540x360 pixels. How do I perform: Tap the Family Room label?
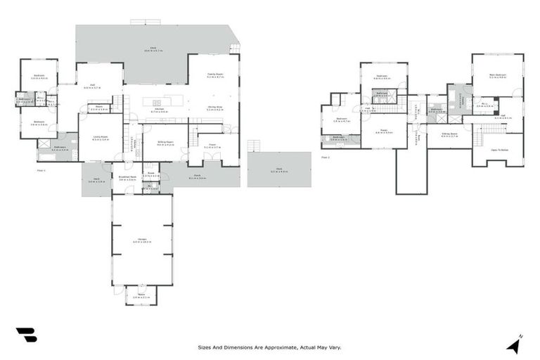[x=215, y=75]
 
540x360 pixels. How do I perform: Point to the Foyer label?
[x=212, y=146]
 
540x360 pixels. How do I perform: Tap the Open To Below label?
[x=499, y=149]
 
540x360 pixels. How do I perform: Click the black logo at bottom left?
[x=26, y=335]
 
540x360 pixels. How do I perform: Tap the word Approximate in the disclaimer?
[x=278, y=347]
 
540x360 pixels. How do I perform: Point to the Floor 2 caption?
[x=325, y=157]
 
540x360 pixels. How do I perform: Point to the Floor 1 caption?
[x=41, y=170]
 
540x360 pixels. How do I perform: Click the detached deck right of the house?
[x=278, y=169]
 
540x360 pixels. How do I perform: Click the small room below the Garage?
[x=141, y=295]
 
